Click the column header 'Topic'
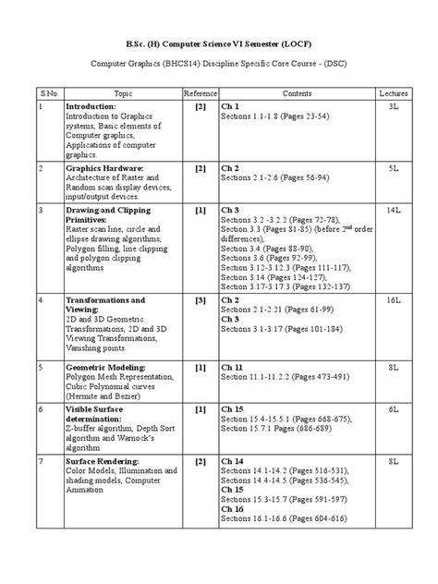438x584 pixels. click(x=123, y=93)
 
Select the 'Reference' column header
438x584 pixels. click(x=200, y=93)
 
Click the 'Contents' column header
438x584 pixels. click(x=297, y=93)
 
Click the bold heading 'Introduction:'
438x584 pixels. click(x=91, y=108)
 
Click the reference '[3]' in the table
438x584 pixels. click(x=200, y=301)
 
